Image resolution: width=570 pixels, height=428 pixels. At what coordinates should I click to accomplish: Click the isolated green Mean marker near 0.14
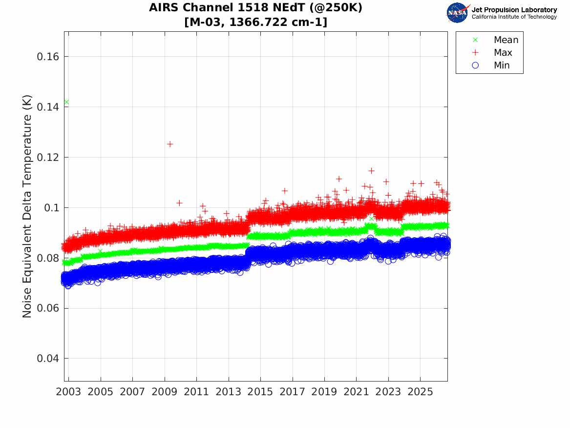66,102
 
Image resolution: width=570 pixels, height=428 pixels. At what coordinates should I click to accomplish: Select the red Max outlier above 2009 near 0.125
170,144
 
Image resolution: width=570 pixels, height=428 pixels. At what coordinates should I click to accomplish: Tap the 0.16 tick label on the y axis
48,57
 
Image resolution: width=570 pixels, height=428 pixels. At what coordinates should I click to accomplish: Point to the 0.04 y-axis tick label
48,359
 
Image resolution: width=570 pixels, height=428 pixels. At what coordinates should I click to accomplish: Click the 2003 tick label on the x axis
68,392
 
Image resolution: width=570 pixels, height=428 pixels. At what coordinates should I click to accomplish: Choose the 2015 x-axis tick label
260,392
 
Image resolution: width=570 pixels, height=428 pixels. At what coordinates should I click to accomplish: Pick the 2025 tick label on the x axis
420,392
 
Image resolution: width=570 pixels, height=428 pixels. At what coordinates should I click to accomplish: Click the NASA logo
458,13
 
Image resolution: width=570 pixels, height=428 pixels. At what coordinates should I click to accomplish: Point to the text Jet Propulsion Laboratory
514,10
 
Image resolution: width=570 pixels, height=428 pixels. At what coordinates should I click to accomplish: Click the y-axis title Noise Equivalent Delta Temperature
27,206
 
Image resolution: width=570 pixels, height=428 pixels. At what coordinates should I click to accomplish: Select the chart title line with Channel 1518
255,8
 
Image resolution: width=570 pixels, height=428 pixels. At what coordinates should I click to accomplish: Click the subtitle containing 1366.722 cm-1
255,22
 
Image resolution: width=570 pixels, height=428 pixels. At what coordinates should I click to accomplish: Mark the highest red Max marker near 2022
371,171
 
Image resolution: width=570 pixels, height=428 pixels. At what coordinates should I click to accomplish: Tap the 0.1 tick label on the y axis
51,208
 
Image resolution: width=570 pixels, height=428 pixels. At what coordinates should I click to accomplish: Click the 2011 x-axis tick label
196,392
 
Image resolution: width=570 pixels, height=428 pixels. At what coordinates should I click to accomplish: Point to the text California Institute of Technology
514,17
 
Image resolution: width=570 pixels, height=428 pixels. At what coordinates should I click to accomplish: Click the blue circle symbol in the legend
475,66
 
